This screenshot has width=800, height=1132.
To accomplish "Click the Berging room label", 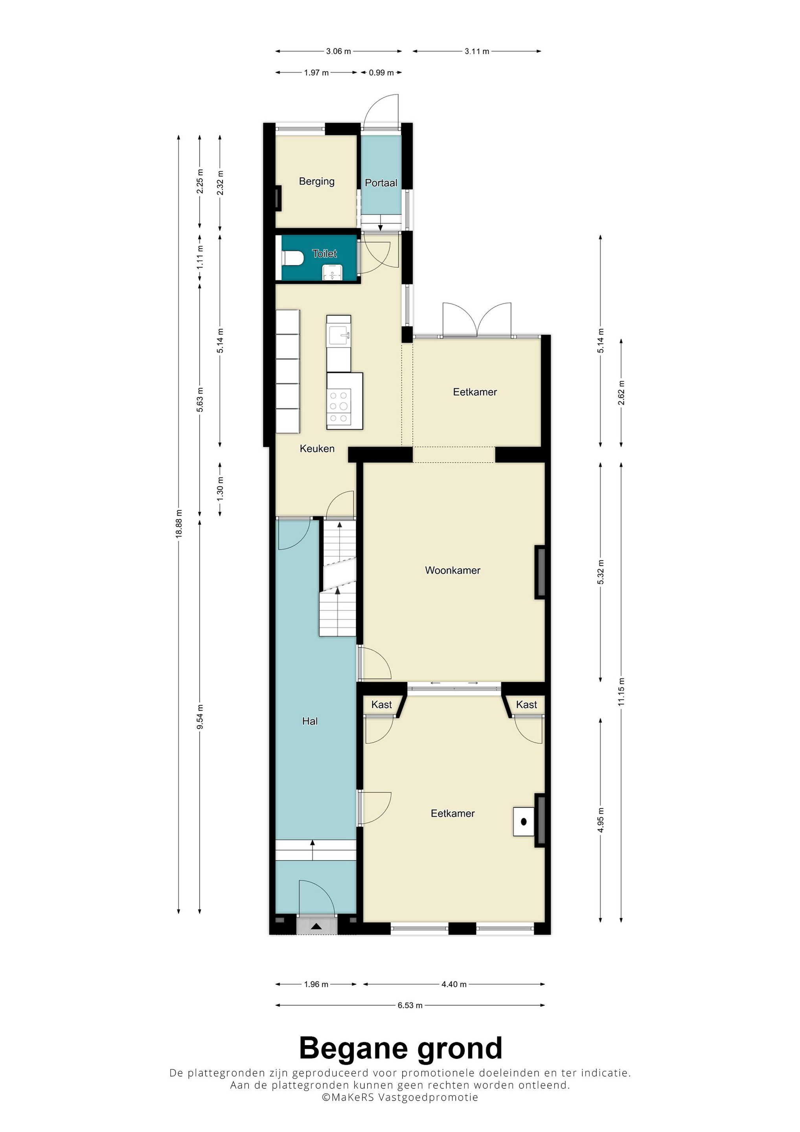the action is [316, 182].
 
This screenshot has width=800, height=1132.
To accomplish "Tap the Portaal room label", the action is [381, 183].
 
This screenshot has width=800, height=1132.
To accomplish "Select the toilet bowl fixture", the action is [293, 258].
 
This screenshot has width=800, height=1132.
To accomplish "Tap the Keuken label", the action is [317, 448].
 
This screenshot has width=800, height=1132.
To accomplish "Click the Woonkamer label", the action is [453, 570].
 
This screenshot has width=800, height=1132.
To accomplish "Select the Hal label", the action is [310, 721].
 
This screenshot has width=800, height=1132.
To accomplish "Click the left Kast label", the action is [382, 704].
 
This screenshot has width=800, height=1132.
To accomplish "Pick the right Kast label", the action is [526, 704].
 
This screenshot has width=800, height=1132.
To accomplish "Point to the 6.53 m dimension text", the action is [410, 1005].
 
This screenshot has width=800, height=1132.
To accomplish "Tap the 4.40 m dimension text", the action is [454, 984].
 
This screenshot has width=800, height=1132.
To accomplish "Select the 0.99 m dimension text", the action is [381, 72].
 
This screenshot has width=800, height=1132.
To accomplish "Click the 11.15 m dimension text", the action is [621, 692].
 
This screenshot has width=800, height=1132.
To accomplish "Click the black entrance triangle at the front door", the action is [316, 927].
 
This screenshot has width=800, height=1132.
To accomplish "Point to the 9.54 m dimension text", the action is [200, 717].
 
